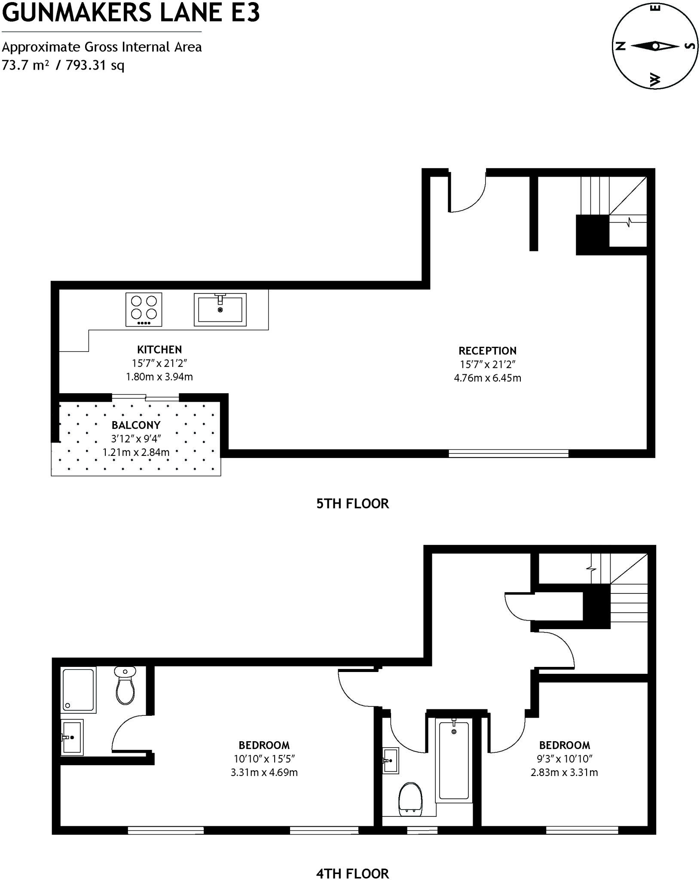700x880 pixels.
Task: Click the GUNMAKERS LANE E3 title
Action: [131, 13]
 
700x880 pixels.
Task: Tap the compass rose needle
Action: [654, 46]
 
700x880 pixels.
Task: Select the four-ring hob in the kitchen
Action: [144, 309]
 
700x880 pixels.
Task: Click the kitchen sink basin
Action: [220, 309]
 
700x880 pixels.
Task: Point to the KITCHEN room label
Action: [159, 349]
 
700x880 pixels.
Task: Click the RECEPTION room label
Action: [487, 351]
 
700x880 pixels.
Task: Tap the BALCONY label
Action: [136, 425]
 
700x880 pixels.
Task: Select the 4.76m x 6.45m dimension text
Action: [487, 378]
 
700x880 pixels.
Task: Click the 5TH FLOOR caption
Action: [352, 504]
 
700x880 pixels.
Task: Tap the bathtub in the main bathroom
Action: [453, 760]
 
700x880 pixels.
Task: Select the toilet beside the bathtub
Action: [410, 799]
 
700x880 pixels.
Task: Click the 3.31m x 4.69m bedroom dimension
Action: [264, 772]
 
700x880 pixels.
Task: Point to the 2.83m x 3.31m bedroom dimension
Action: [564, 772]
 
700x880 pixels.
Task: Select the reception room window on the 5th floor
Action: [508, 453]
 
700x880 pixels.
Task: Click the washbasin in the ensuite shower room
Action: [72, 737]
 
